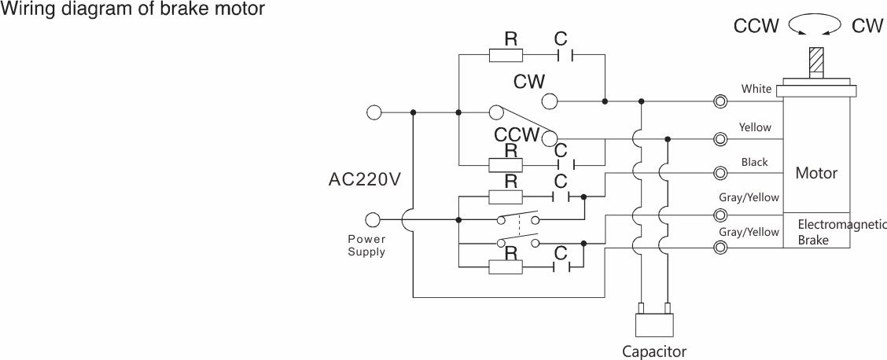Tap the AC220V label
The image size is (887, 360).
coord(365,179)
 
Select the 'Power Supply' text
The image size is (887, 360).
coord(366,245)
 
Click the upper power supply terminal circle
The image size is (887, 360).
coord(374,112)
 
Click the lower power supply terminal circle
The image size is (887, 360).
coord(374,219)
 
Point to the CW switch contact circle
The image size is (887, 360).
coord(549,101)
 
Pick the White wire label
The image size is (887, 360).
coord(756,89)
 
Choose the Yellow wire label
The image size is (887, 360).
coord(755,127)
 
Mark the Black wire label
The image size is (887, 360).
coord(754,162)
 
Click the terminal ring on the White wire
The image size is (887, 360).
coord(720,101)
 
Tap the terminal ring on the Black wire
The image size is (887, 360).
coord(720,173)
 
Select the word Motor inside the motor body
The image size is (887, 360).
coord(816,173)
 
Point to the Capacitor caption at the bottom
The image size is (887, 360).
coord(654,351)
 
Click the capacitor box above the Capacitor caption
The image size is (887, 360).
coord(654,325)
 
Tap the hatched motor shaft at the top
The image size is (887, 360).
coord(817,61)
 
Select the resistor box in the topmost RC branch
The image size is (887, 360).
coord(506,55)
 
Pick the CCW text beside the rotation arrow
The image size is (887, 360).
coord(756,26)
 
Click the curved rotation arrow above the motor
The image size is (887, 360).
coord(815,26)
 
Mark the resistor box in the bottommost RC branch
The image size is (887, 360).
coord(506,267)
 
